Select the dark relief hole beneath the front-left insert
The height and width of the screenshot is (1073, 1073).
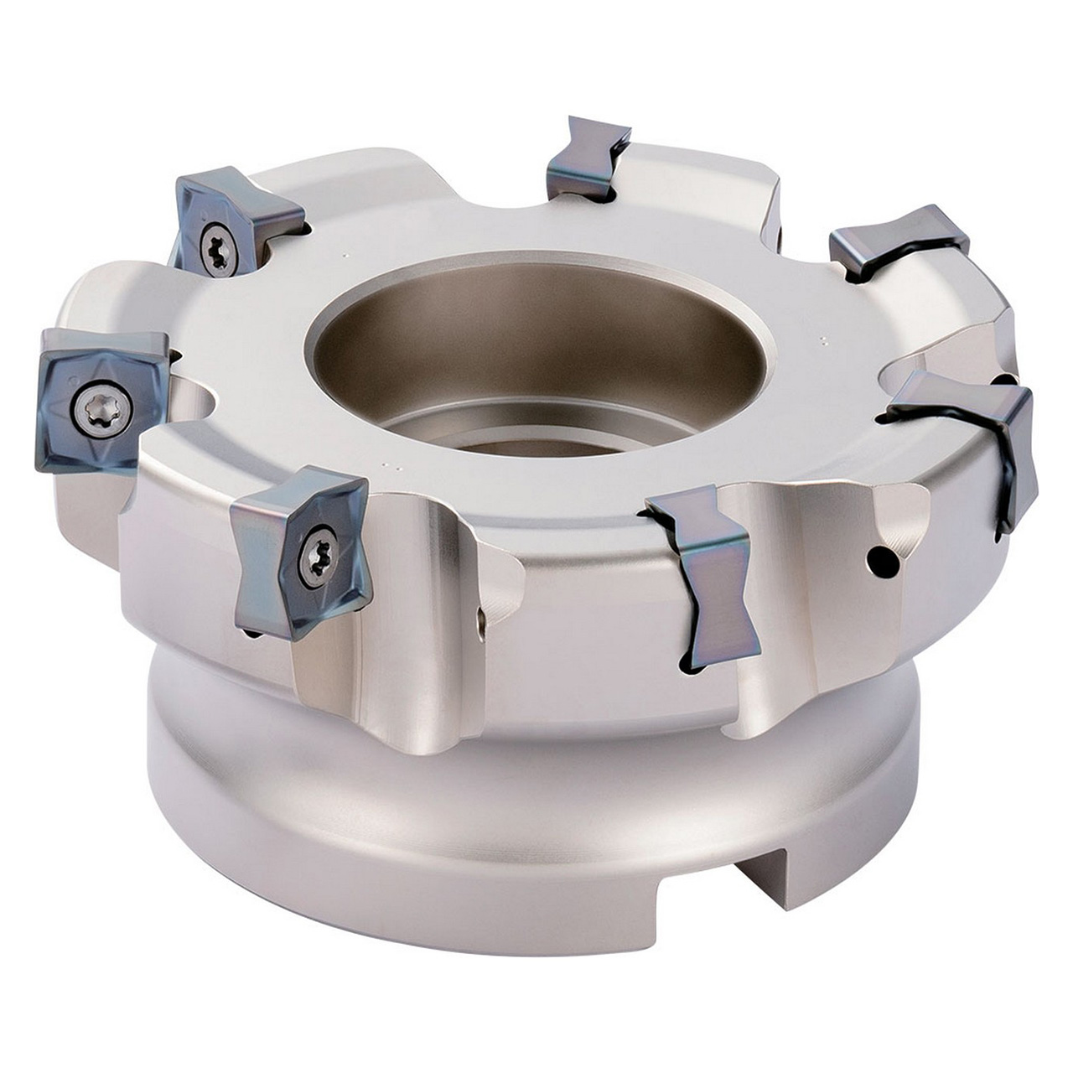(x=251, y=635)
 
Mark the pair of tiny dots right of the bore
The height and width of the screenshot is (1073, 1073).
(x=822, y=340)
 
